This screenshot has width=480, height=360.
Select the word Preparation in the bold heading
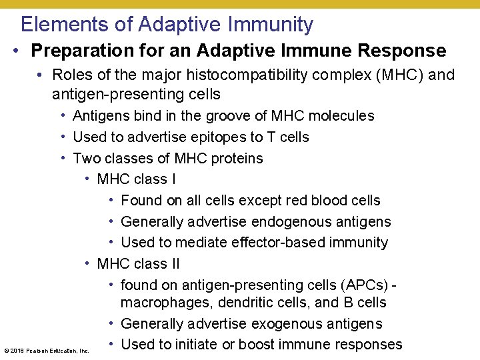[x=79, y=51]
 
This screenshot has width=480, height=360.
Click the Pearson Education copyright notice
[x=47, y=350]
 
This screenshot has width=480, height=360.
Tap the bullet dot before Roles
[x=41, y=75]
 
